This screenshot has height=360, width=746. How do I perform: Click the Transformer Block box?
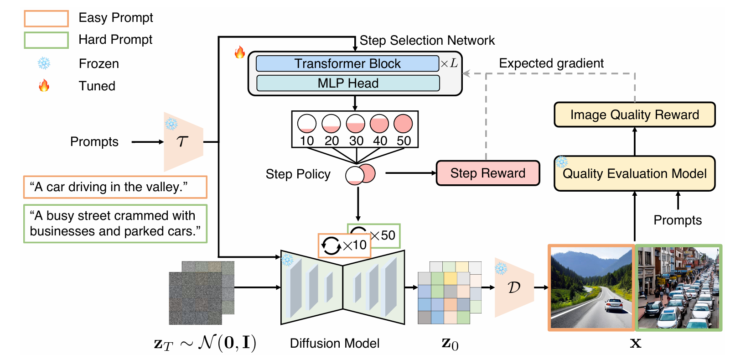pos(347,63)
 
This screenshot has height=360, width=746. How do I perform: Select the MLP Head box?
pos(348,83)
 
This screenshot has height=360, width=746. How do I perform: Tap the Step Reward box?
pos(487,173)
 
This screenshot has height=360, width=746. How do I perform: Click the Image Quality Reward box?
pos(634,115)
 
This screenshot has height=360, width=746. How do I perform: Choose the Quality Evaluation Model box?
pos(634,173)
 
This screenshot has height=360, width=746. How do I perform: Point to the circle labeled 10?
pos(306,123)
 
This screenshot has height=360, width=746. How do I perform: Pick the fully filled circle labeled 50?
pos(403,123)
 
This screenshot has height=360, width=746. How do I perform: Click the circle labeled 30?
pos(355,123)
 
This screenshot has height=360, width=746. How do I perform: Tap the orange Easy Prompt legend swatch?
pos(46,18)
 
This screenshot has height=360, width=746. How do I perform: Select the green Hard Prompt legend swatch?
pos(46,40)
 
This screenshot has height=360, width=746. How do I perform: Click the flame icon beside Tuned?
pos(44,85)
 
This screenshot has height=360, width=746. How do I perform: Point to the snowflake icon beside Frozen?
pos(44,63)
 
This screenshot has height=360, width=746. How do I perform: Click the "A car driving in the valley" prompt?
pos(115,187)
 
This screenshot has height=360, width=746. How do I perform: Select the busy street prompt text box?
pos(115,224)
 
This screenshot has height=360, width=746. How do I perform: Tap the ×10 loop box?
pos(344,245)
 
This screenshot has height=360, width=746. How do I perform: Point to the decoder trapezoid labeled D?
pos(514,287)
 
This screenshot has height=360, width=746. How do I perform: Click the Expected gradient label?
pos(551,63)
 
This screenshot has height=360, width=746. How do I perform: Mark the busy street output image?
pos(678,287)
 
